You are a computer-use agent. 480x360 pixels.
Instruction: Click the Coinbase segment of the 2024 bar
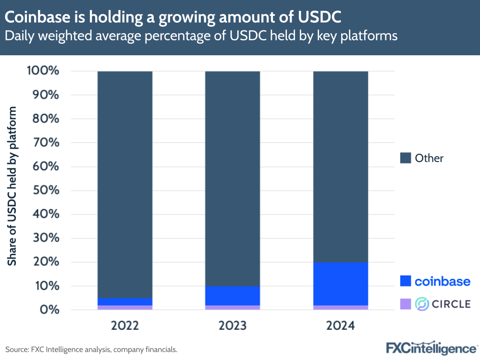[x=341, y=284]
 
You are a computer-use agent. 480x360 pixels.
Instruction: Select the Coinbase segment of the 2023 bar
[x=233, y=296]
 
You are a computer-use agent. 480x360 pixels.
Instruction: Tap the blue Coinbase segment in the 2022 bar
[x=125, y=301]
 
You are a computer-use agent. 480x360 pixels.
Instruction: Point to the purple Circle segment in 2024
[x=341, y=307]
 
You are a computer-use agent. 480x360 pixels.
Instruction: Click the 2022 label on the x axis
[x=125, y=325]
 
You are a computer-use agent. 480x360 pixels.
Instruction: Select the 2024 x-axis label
[x=341, y=325]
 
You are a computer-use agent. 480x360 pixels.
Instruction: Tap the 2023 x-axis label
[x=233, y=325]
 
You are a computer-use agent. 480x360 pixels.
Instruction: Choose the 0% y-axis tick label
[x=51, y=310]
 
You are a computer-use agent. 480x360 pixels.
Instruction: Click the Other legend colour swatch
[x=406, y=158]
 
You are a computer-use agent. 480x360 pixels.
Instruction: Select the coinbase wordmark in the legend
[x=443, y=281]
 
